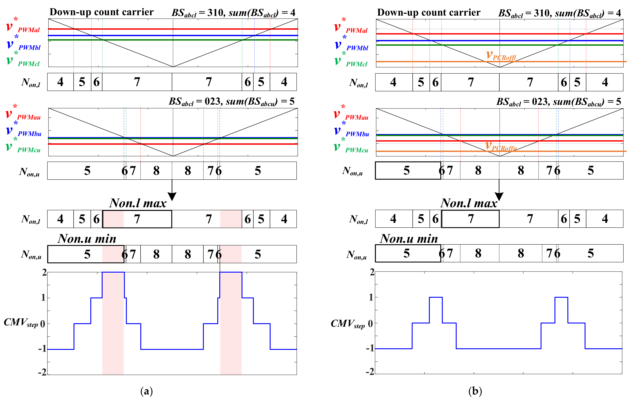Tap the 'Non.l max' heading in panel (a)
[x=138, y=203]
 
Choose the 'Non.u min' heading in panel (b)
[x=409, y=238]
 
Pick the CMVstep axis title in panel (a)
[x=21, y=323]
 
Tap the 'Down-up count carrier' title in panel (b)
[x=429, y=12]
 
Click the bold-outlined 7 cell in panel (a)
[x=137, y=219]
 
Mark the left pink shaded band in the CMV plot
[x=113, y=324]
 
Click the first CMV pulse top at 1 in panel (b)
[x=436, y=297]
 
